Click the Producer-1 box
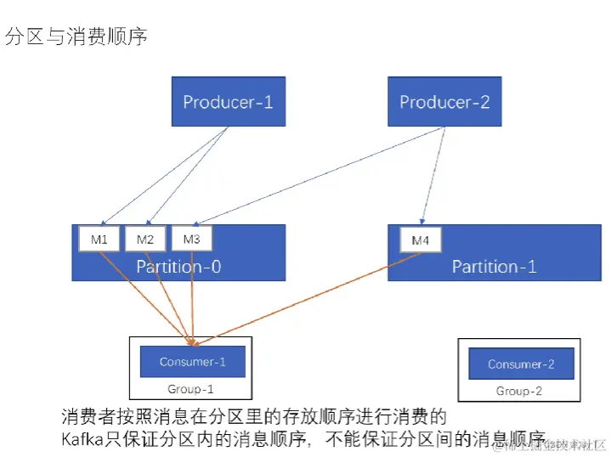(228, 102)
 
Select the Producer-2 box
(444, 102)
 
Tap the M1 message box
(99, 240)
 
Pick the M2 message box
(145, 240)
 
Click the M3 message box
(191, 240)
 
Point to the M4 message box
(421, 240)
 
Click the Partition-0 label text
(178, 267)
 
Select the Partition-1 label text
(494, 267)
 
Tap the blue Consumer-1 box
(193, 362)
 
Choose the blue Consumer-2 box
(521, 364)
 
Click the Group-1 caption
(190, 389)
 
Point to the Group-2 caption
(519, 392)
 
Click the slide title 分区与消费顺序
(76, 37)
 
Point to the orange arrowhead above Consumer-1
(195, 342)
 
